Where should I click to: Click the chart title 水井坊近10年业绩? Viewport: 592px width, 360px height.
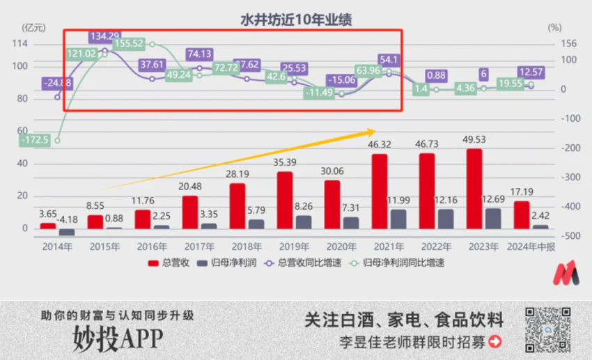coord(296,19)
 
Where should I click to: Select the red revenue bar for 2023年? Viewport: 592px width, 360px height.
coord(474,189)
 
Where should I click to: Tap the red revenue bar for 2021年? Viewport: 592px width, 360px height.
coord(379,191)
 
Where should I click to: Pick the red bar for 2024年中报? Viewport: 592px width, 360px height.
coord(521,214)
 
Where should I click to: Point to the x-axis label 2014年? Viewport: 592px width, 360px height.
coord(57,246)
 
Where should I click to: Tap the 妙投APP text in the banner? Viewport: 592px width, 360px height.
coord(118,338)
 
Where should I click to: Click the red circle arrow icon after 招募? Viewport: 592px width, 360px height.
coord(495,341)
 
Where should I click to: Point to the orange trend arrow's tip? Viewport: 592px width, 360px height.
coord(375,130)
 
